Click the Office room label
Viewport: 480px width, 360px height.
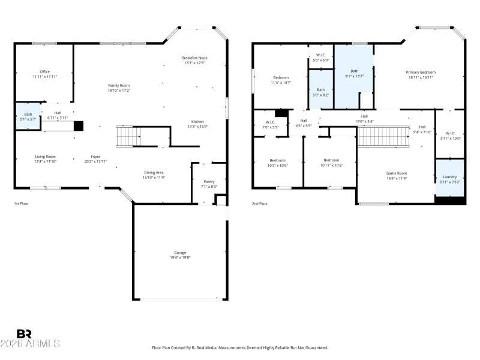pyautogui.click(x=44, y=71)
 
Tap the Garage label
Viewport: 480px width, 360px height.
pyautogui.click(x=180, y=254)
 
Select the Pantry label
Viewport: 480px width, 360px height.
pyautogui.click(x=209, y=181)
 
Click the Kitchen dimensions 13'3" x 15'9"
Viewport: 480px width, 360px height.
pyautogui.click(x=197, y=126)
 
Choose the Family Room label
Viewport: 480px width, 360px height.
pyautogui.click(x=119, y=85)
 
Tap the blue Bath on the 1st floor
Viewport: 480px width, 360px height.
pyautogui.click(x=28, y=116)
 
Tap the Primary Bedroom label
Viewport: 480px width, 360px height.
pyautogui.click(x=421, y=71)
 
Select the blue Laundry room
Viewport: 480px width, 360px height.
pyautogui.click(x=449, y=179)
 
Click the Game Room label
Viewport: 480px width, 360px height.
pyautogui.click(x=396, y=173)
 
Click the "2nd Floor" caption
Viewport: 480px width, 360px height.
pyautogui.click(x=260, y=204)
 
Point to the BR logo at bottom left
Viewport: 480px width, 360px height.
pyautogui.click(x=24, y=334)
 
